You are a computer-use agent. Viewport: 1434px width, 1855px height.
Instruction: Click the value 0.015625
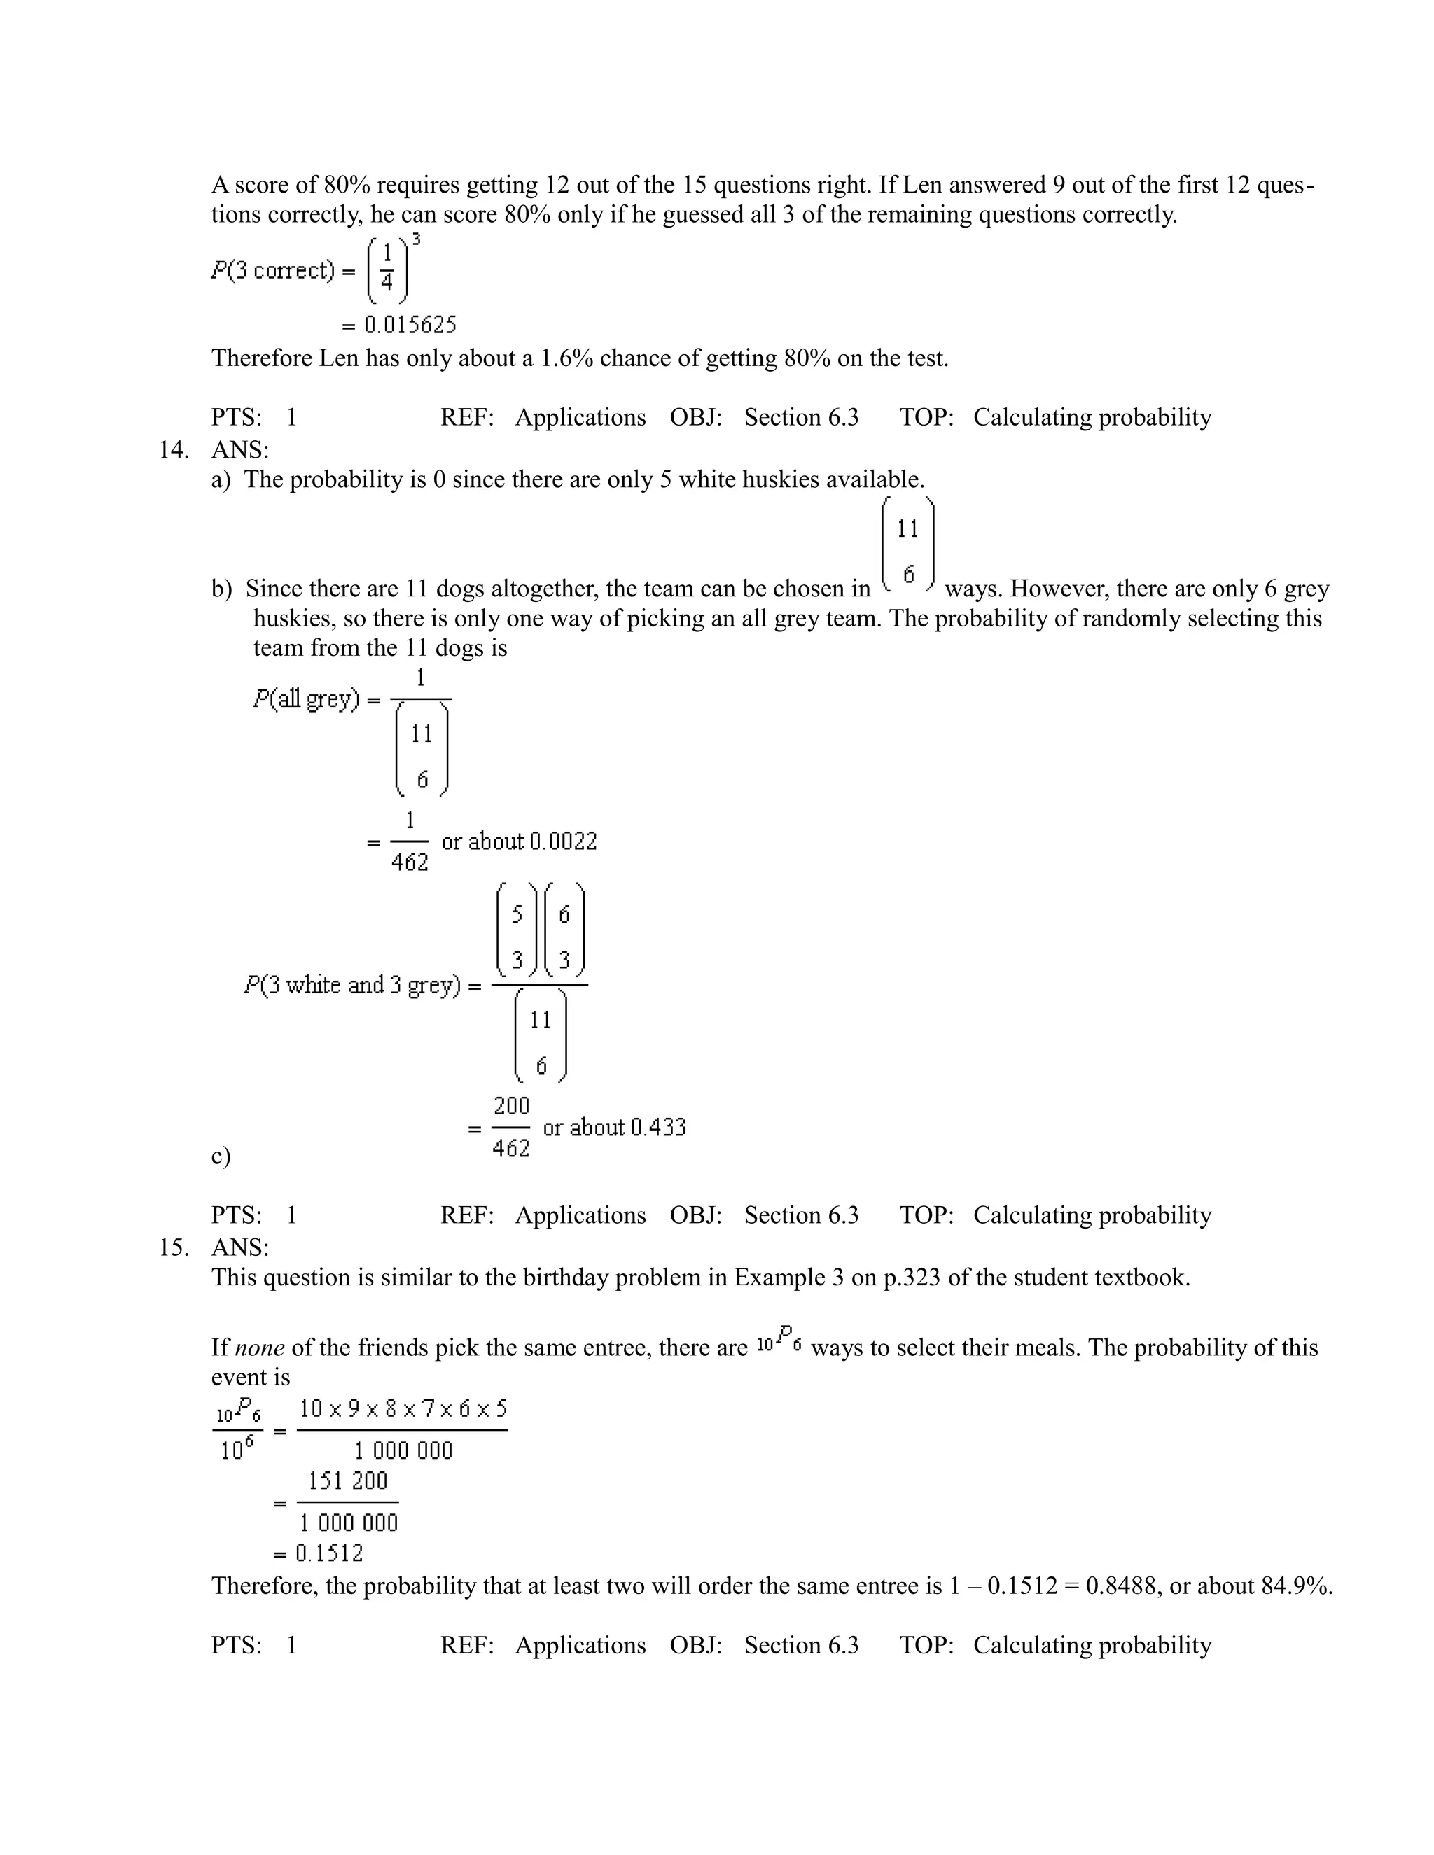point(410,325)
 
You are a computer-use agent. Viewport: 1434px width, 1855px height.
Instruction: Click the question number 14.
point(174,449)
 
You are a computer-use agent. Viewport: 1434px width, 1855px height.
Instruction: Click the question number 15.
point(174,1247)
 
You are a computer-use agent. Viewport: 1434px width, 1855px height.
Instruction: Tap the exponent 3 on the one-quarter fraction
point(417,240)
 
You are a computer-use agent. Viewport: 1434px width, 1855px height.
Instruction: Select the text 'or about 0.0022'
point(519,841)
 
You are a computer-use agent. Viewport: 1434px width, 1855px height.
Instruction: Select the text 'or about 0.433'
point(613,1127)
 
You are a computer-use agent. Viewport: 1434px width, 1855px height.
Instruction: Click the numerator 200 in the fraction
point(510,1106)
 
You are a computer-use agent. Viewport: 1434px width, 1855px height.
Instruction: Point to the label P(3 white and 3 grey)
point(351,986)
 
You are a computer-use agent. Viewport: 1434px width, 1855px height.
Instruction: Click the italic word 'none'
point(258,1347)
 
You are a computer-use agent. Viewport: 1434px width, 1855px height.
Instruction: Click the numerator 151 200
point(347,1481)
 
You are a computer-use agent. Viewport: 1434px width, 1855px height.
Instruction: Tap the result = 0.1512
point(318,1553)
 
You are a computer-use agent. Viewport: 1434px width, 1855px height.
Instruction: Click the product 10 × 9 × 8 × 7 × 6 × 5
point(403,1409)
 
